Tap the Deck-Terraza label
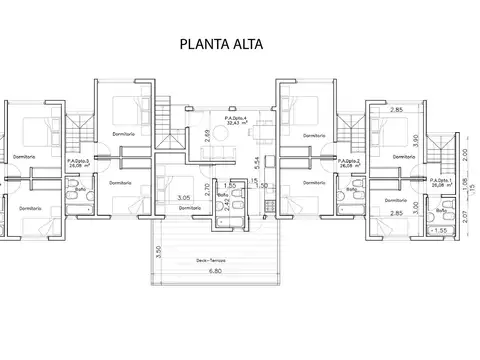(210, 260)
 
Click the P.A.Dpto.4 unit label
(239, 122)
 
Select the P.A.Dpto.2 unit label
(348, 164)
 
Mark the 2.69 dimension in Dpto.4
(207, 134)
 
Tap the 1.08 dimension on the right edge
(466, 182)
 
